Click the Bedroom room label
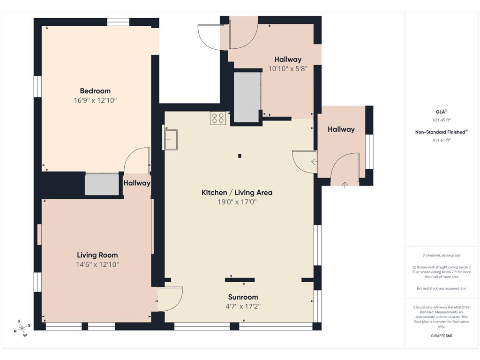tap(95, 91)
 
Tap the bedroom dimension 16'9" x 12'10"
tap(95, 100)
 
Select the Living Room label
tap(97, 255)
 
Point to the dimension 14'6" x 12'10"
tap(97, 264)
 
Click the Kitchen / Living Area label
tap(237, 193)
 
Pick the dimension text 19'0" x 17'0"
tap(237, 202)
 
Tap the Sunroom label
tap(243, 297)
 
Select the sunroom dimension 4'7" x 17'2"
tap(243, 307)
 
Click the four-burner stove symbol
tap(217, 118)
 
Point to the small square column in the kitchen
tap(240, 156)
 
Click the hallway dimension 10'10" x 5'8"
tap(288, 69)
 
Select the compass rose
tap(22, 328)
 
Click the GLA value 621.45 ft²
tap(441, 120)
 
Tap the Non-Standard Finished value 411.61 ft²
tap(441, 140)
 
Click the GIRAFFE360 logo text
tap(441, 336)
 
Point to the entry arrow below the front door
tap(345, 185)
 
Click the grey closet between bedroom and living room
tap(102, 185)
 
